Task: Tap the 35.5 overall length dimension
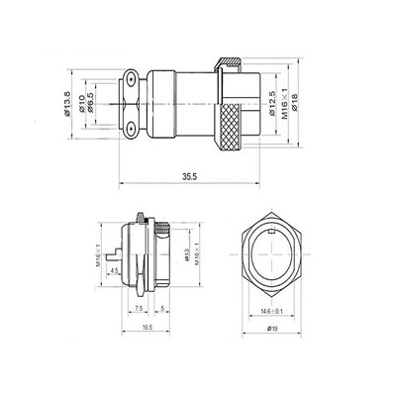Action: [188, 176]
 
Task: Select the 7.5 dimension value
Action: [136, 308]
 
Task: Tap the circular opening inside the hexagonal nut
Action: [269, 251]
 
